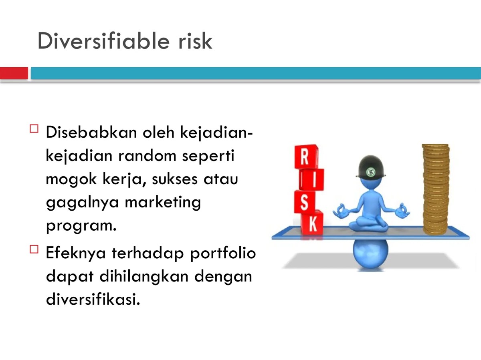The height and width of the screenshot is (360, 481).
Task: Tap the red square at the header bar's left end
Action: coord(14,73)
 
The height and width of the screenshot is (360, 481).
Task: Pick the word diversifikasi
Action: coord(93,300)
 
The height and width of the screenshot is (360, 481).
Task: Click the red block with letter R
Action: coord(306,157)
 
